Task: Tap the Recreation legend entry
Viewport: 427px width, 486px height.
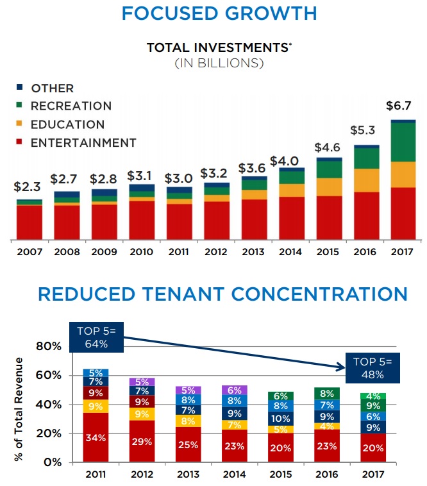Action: coord(71,106)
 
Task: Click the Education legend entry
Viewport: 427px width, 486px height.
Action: coord(67,124)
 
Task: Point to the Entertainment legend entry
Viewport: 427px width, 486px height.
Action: coord(83,142)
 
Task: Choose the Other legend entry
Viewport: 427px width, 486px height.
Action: coord(52,88)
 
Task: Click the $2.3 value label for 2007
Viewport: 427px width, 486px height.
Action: coord(27,187)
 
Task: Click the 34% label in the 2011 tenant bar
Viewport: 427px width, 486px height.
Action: coord(96,439)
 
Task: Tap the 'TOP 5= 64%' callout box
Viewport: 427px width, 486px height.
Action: coord(96,338)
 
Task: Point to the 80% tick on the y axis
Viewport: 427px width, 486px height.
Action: coord(49,346)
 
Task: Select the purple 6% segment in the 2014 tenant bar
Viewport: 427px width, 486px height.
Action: coord(235,390)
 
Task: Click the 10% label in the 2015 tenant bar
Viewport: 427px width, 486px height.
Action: coord(280,418)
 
